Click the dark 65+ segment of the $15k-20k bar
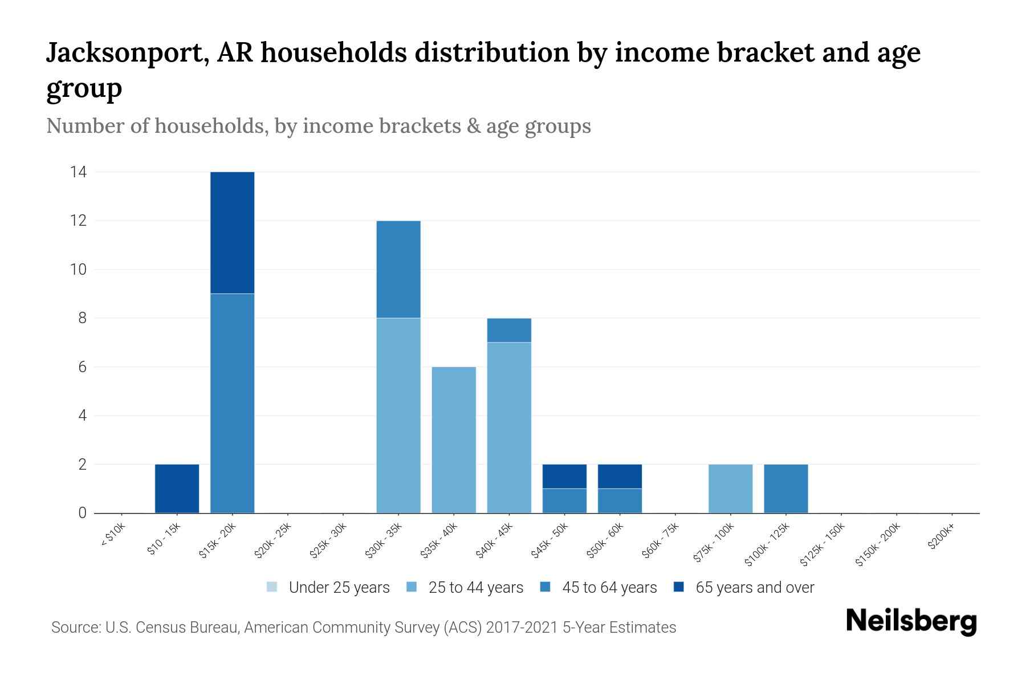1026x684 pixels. pyautogui.click(x=232, y=233)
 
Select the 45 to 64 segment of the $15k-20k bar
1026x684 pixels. pyautogui.click(x=232, y=403)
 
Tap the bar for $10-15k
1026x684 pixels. pyautogui.click(x=177, y=488)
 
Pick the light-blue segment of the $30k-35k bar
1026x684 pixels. pyautogui.click(x=398, y=415)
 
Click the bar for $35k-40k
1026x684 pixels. pyautogui.click(x=454, y=439)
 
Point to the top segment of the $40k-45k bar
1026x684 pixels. pyautogui.click(x=509, y=330)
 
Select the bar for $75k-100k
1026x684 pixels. pyautogui.click(x=730, y=488)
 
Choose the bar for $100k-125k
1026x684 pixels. pyautogui.click(x=785, y=488)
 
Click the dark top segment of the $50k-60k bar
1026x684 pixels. pyautogui.click(x=620, y=477)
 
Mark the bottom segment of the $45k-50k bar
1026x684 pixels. pyautogui.click(x=564, y=500)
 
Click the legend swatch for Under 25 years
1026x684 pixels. pyautogui.click(x=272, y=587)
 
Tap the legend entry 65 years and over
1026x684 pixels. pyautogui.click(x=754, y=587)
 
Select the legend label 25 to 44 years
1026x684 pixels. pyautogui.click(x=475, y=587)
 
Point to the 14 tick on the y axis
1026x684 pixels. pyautogui.click(x=78, y=172)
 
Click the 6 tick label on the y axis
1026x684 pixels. pyautogui.click(x=83, y=367)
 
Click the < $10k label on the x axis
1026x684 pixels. pyautogui.click(x=113, y=535)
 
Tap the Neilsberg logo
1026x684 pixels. pyautogui.click(x=911, y=621)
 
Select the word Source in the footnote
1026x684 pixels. pyautogui.click(x=75, y=628)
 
